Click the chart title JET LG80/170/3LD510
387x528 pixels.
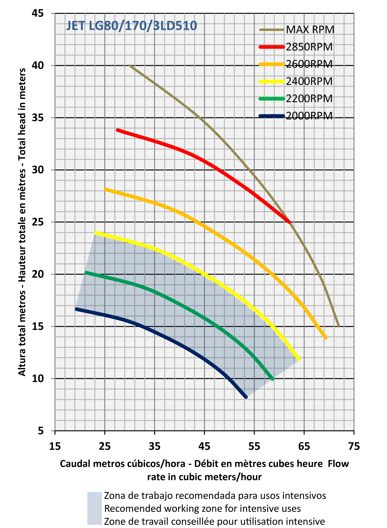click(x=132, y=26)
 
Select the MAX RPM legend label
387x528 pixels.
click(x=310, y=30)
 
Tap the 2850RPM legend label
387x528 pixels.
click(x=309, y=47)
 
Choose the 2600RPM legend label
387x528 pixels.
click(x=309, y=64)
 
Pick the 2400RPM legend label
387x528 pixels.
click(x=309, y=81)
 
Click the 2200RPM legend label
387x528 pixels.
click(x=309, y=99)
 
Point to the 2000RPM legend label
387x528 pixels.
click(x=309, y=116)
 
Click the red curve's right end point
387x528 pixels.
click(x=289, y=222)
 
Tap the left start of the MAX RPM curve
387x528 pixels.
click(x=130, y=66)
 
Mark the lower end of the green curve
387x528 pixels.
click(x=272, y=379)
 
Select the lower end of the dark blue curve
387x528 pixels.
click(x=246, y=397)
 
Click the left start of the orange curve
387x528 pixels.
click(x=105, y=189)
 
